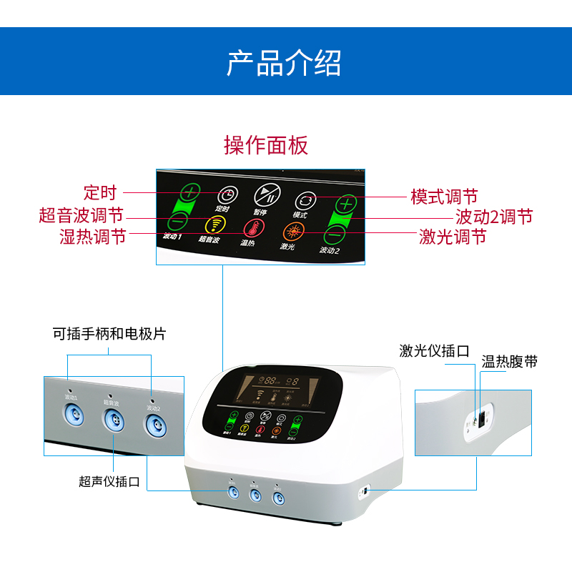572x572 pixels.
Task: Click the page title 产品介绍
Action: point(284,63)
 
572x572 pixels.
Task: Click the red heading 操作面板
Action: point(266,145)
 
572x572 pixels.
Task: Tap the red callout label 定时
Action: point(99,192)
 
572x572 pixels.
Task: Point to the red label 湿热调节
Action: point(92,237)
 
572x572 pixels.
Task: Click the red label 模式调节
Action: point(443,197)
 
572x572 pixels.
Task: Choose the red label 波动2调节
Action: point(494,217)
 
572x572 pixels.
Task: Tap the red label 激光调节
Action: point(453,237)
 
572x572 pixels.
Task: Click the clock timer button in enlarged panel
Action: point(227,194)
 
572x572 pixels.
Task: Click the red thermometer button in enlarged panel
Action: point(252,229)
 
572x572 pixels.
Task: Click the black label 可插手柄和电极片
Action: point(109,334)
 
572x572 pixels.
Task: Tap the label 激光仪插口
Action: point(434,351)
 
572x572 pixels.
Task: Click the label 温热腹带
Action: point(509,362)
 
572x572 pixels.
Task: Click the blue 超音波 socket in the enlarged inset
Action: point(112,419)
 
